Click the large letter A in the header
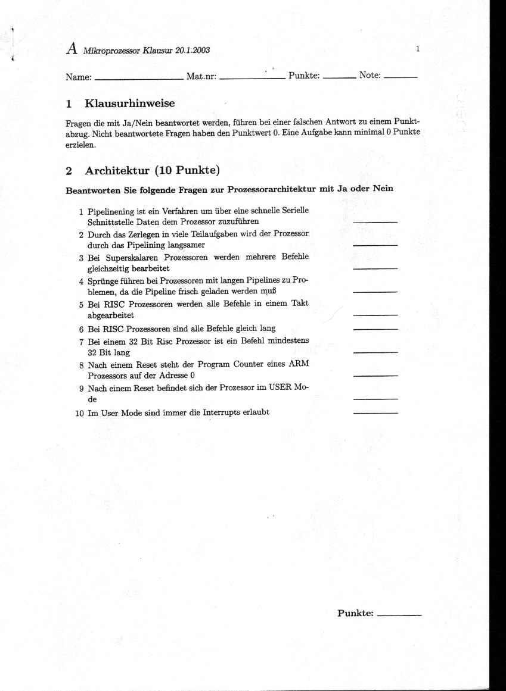72,49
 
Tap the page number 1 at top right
418,49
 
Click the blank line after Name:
139,78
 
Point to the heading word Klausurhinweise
130,104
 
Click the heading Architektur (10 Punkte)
153,171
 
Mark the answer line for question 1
375,222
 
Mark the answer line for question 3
375,268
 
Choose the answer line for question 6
375,329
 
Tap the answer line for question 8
375,376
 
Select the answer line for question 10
375,412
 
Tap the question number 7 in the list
81,342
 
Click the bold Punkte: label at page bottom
355,613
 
